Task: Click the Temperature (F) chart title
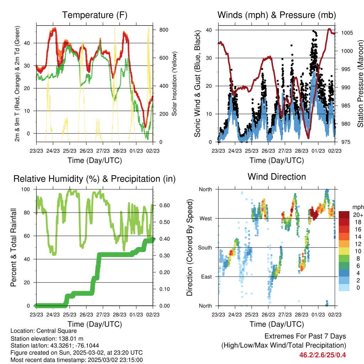95,15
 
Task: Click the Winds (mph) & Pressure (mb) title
277,15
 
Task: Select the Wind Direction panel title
277,177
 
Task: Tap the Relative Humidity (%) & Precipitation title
95,179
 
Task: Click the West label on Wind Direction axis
205,218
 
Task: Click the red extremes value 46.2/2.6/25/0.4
322,355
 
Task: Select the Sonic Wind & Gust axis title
197,84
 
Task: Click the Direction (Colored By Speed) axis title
189,248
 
